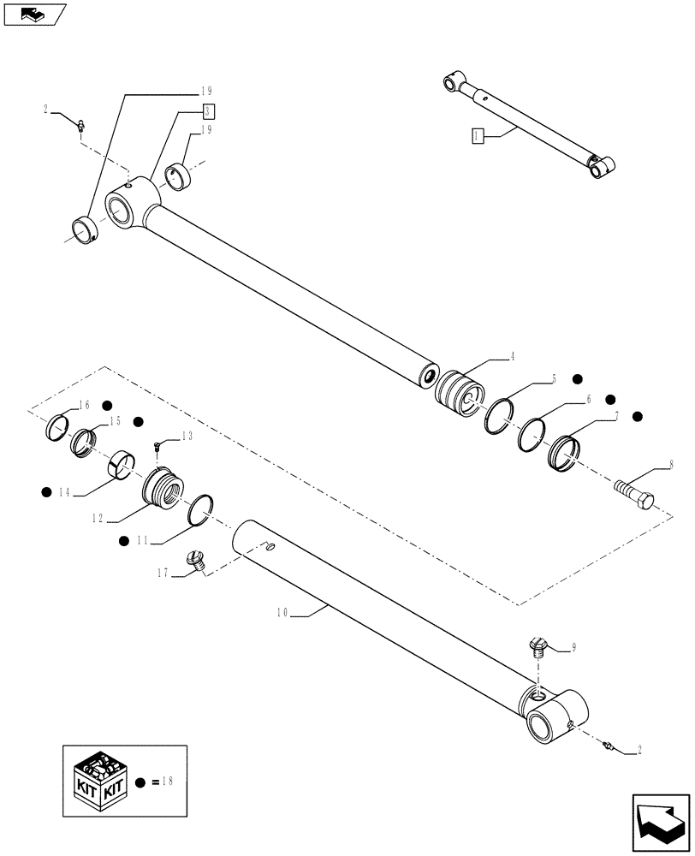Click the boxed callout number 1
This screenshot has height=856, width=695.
(478, 135)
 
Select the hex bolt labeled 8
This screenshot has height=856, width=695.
(637, 493)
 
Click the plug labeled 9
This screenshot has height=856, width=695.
(538, 646)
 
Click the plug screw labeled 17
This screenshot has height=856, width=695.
(195, 561)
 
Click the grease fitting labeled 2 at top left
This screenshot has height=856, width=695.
(79, 127)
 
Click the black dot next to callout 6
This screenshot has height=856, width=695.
(611, 399)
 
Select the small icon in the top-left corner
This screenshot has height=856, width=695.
(35, 14)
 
